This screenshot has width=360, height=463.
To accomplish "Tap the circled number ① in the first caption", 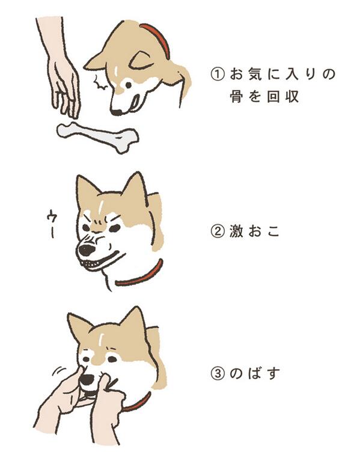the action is click(x=217, y=74).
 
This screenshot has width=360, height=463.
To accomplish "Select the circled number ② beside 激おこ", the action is click(x=217, y=231).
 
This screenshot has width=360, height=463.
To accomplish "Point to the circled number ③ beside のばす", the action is click(x=217, y=373).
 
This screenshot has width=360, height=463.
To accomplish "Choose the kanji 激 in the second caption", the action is click(x=236, y=231).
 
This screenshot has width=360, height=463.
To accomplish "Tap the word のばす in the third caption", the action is click(x=255, y=373).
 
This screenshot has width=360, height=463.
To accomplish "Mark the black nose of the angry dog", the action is click(x=87, y=250).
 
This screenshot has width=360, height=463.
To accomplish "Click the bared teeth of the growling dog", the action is click(x=91, y=264).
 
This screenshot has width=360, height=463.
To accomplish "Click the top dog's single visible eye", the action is click(x=129, y=85).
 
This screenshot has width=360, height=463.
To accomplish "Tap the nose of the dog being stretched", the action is click(x=88, y=379).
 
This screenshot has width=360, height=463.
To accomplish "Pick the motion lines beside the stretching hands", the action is click(x=58, y=371).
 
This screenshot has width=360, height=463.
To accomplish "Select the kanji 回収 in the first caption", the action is click(x=282, y=96).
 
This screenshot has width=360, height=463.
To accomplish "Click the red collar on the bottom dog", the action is click(x=139, y=402).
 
